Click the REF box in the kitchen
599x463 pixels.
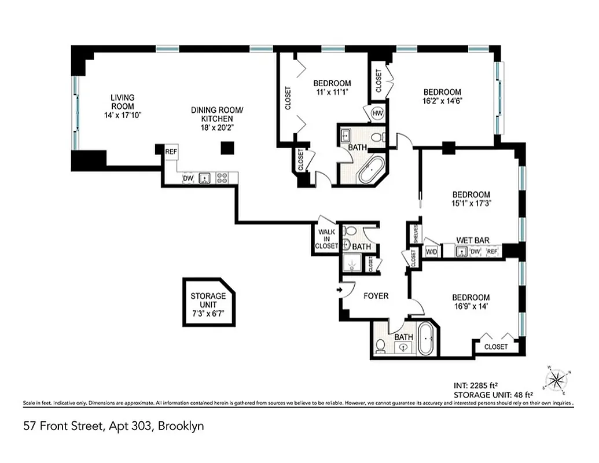pyautogui.click(x=171, y=152)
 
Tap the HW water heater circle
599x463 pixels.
pyautogui.click(x=378, y=113)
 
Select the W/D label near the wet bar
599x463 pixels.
pyautogui.click(x=431, y=252)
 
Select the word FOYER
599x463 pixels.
pyautogui.click(x=376, y=296)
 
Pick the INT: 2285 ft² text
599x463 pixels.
pyautogui.click(x=477, y=385)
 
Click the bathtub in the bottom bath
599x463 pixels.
pyautogui.click(x=425, y=339)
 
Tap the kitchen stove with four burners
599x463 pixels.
pyautogui.click(x=222, y=178)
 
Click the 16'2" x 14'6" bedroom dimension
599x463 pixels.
pyautogui.click(x=442, y=100)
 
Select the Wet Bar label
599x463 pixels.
pyautogui.click(x=470, y=240)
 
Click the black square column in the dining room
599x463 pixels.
pyautogui.click(x=227, y=148)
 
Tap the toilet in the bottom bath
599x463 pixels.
pyautogui.click(x=381, y=346)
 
